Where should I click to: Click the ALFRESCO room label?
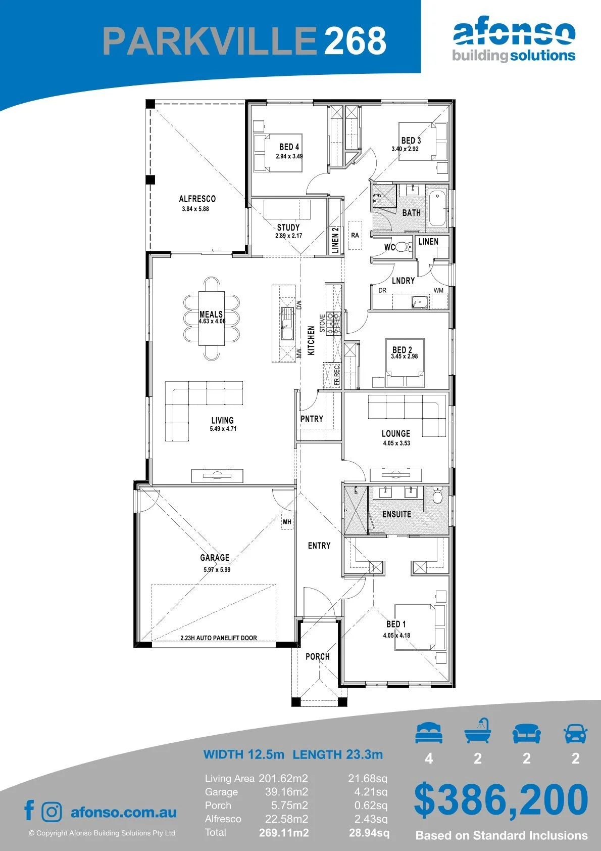point(197,198)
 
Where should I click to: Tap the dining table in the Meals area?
point(212,319)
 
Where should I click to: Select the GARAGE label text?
point(215,557)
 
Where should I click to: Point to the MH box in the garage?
point(287,522)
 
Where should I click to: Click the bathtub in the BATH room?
point(438,208)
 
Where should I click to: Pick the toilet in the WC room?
point(404,247)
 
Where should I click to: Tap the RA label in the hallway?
point(355,235)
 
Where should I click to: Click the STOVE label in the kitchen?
point(322,323)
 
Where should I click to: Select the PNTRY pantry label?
point(312,419)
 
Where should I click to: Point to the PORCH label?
point(318,656)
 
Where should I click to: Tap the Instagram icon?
point(51,812)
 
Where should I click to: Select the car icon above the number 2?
point(576,733)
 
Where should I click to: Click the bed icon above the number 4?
point(429,733)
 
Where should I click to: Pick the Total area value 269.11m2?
point(284,833)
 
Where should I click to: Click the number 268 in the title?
point(355,40)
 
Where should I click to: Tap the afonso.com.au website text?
point(124,812)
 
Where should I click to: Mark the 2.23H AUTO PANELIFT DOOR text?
point(219,638)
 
